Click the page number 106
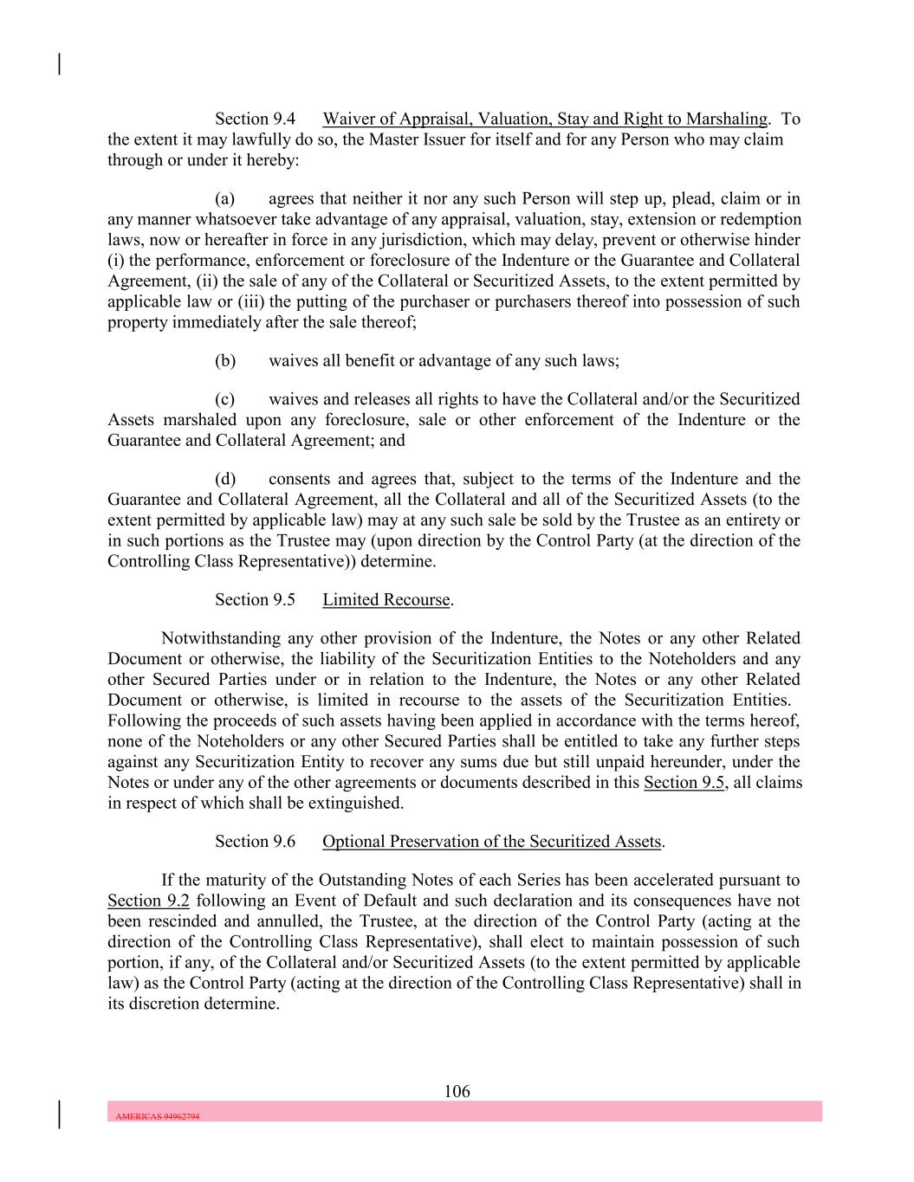pyautogui.click(x=457, y=1091)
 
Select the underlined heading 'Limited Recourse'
pyautogui.click(x=386, y=600)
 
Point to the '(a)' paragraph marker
pyautogui.click(x=225, y=198)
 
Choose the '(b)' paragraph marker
pyautogui.click(x=225, y=361)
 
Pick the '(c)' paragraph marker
pyautogui.click(x=225, y=399)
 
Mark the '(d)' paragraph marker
pyautogui.click(x=225, y=479)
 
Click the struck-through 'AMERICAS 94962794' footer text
pyautogui.click(x=158, y=1116)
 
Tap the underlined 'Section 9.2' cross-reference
pyautogui.click(x=148, y=901)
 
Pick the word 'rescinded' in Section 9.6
pyautogui.click(x=185, y=921)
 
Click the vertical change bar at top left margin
pyautogui.click(x=59, y=64)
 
